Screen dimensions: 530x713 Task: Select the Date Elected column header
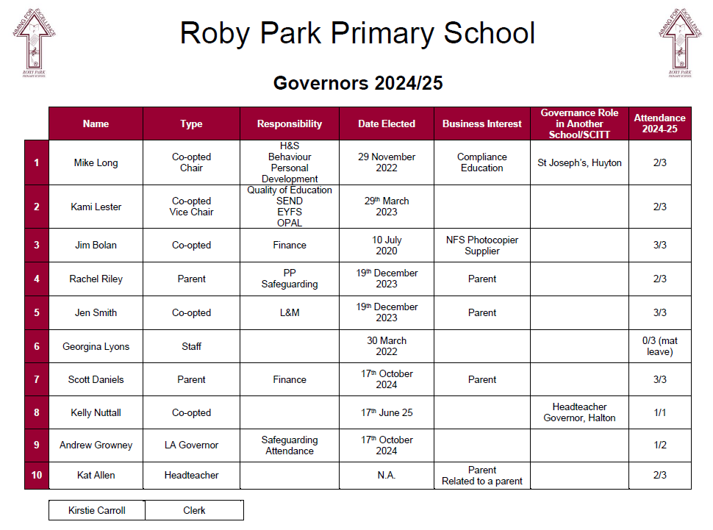click(x=387, y=123)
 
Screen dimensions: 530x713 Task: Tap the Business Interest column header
click(x=482, y=123)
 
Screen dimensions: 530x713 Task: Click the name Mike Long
click(x=96, y=162)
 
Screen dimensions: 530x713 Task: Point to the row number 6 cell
click(x=37, y=346)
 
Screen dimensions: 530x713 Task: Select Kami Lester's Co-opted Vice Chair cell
click(x=191, y=207)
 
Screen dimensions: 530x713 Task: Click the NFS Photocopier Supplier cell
click(x=482, y=246)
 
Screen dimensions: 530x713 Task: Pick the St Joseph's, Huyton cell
click(x=579, y=162)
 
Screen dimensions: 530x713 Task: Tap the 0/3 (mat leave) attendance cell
click(x=659, y=346)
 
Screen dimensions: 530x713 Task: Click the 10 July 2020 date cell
click(x=387, y=246)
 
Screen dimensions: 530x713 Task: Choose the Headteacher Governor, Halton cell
click(x=579, y=412)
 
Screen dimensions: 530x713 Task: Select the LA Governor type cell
click(x=191, y=445)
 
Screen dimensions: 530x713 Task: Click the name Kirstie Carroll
click(x=97, y=510)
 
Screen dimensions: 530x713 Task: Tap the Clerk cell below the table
click(x=194, y=510)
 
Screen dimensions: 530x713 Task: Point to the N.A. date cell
click(x=387, y=475)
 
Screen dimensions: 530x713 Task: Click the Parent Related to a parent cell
click(x=482, y=476)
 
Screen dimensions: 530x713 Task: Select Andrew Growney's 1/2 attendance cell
click(x=659, y=445)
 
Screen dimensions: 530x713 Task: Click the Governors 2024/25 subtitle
click(x=358, y=83)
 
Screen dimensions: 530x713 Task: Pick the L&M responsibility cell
click(x=290, y=312)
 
